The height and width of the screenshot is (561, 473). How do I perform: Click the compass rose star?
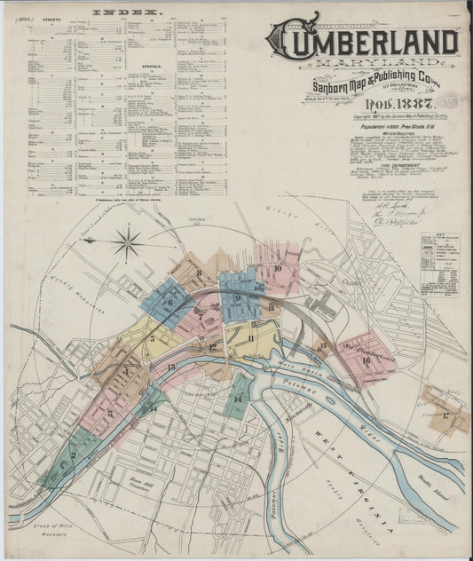click(128, 241)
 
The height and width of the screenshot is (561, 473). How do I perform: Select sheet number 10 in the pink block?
click(278, 267)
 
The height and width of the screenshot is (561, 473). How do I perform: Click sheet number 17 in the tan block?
click(445, 415)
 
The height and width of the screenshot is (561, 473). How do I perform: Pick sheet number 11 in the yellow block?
click(252, 338)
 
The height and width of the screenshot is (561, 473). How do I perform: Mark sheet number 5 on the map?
click(153, 338)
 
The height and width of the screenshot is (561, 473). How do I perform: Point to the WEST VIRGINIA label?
click(353, 479)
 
